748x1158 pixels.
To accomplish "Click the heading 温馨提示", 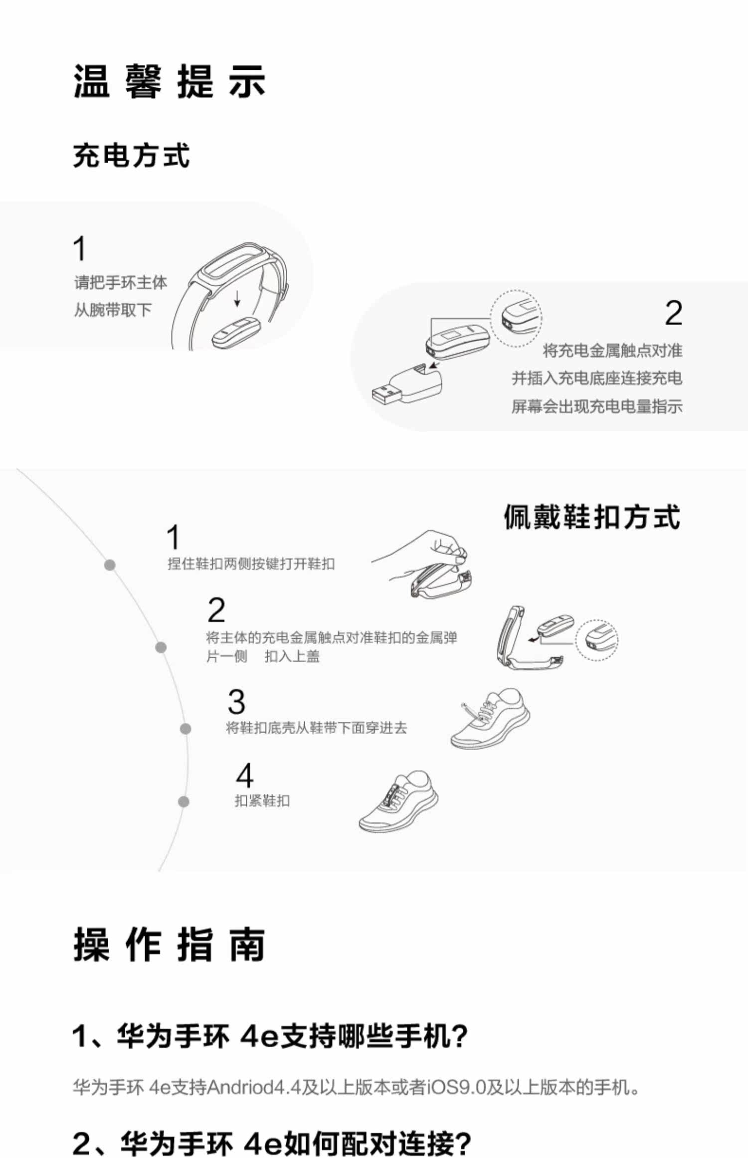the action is [169, 81].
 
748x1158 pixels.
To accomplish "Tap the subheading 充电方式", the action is [131, 155].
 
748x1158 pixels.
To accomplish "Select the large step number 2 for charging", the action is [673, 313].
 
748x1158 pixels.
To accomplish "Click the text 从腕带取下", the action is [113, 310].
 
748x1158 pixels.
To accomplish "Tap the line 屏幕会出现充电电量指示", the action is [596, 406].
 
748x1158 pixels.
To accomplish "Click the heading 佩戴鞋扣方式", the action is [591, 517].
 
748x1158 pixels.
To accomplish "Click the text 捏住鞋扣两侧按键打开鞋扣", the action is [251, 564].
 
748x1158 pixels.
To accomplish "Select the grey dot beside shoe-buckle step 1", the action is [110, 565].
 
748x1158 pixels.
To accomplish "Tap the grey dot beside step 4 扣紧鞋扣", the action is [184, 801].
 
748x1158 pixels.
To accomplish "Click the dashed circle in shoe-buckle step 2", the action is [596, 639].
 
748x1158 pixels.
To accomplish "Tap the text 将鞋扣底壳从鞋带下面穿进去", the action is [317, 728].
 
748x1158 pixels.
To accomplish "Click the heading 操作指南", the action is [169, 945].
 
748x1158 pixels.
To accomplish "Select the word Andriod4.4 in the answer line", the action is [253, 1087].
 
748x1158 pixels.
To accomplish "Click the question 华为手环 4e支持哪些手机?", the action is [270, 1036].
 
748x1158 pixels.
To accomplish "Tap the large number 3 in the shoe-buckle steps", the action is [236, 702].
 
